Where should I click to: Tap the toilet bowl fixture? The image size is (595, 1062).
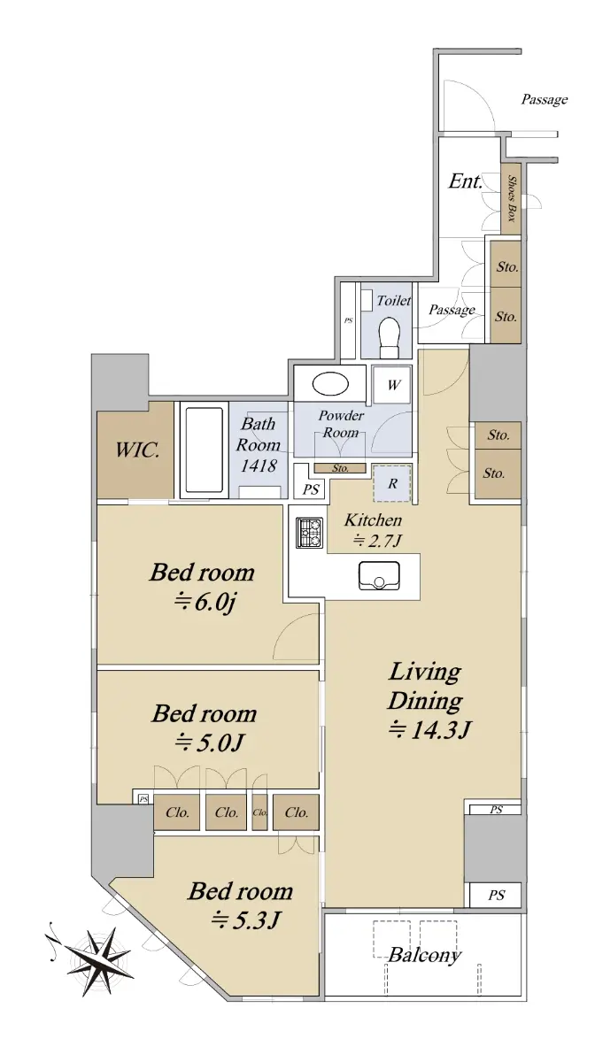[389, 336]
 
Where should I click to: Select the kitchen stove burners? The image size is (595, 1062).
[309, 533]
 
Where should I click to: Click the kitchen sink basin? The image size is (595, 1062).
[379, 575]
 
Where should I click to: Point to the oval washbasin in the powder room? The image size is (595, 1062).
[331, 383]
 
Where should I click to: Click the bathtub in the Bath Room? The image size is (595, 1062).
[204, 450]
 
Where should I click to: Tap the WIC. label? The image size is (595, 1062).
[137, 450]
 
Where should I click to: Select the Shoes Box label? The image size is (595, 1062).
[512, 198]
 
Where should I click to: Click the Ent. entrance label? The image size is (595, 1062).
[466, 181]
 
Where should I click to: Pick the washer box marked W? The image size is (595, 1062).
[392, 384]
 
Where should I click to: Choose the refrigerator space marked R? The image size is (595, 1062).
[392, 483]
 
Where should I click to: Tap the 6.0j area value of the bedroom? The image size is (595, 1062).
[205, 602]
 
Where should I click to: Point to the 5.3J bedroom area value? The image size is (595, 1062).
[246, 920]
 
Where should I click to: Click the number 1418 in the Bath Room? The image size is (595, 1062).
[259, 466]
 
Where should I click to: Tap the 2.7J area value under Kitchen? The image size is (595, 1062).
[378, 540]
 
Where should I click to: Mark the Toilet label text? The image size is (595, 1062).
[394, 300]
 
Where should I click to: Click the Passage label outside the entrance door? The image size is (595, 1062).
[545, 99]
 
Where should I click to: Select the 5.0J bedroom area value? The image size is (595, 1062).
[209, 743]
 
